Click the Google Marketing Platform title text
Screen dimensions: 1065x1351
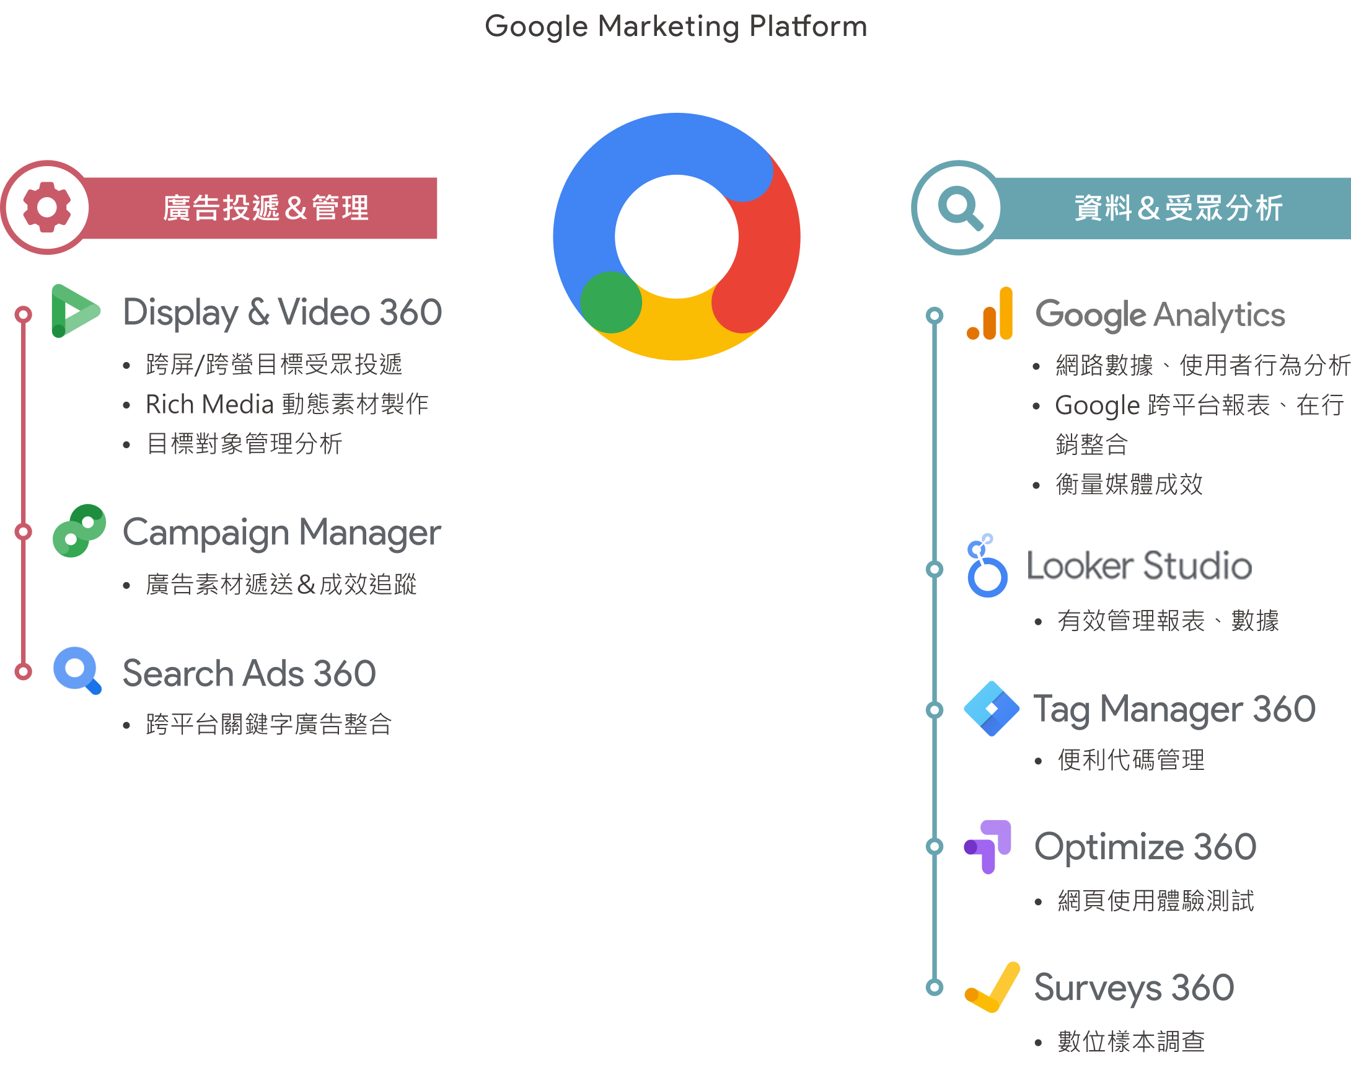676,27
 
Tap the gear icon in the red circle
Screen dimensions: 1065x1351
46,207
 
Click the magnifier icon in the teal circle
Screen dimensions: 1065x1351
959,208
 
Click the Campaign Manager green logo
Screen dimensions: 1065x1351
79,531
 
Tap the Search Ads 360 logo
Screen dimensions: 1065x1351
79,670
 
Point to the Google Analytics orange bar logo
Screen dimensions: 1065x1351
991,314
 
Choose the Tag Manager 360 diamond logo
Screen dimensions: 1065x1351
992,709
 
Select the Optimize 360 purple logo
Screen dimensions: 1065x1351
988,847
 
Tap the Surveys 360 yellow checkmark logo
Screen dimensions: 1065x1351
992,987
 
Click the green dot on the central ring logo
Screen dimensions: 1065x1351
611,303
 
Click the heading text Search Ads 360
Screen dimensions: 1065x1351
249,673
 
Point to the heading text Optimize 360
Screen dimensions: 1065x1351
1145,847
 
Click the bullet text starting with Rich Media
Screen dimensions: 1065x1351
287,404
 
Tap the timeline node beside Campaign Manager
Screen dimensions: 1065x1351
24,531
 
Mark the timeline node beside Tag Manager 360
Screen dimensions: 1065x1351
935,710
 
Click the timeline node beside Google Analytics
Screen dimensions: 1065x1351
935,315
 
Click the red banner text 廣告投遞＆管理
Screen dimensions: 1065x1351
266,208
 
